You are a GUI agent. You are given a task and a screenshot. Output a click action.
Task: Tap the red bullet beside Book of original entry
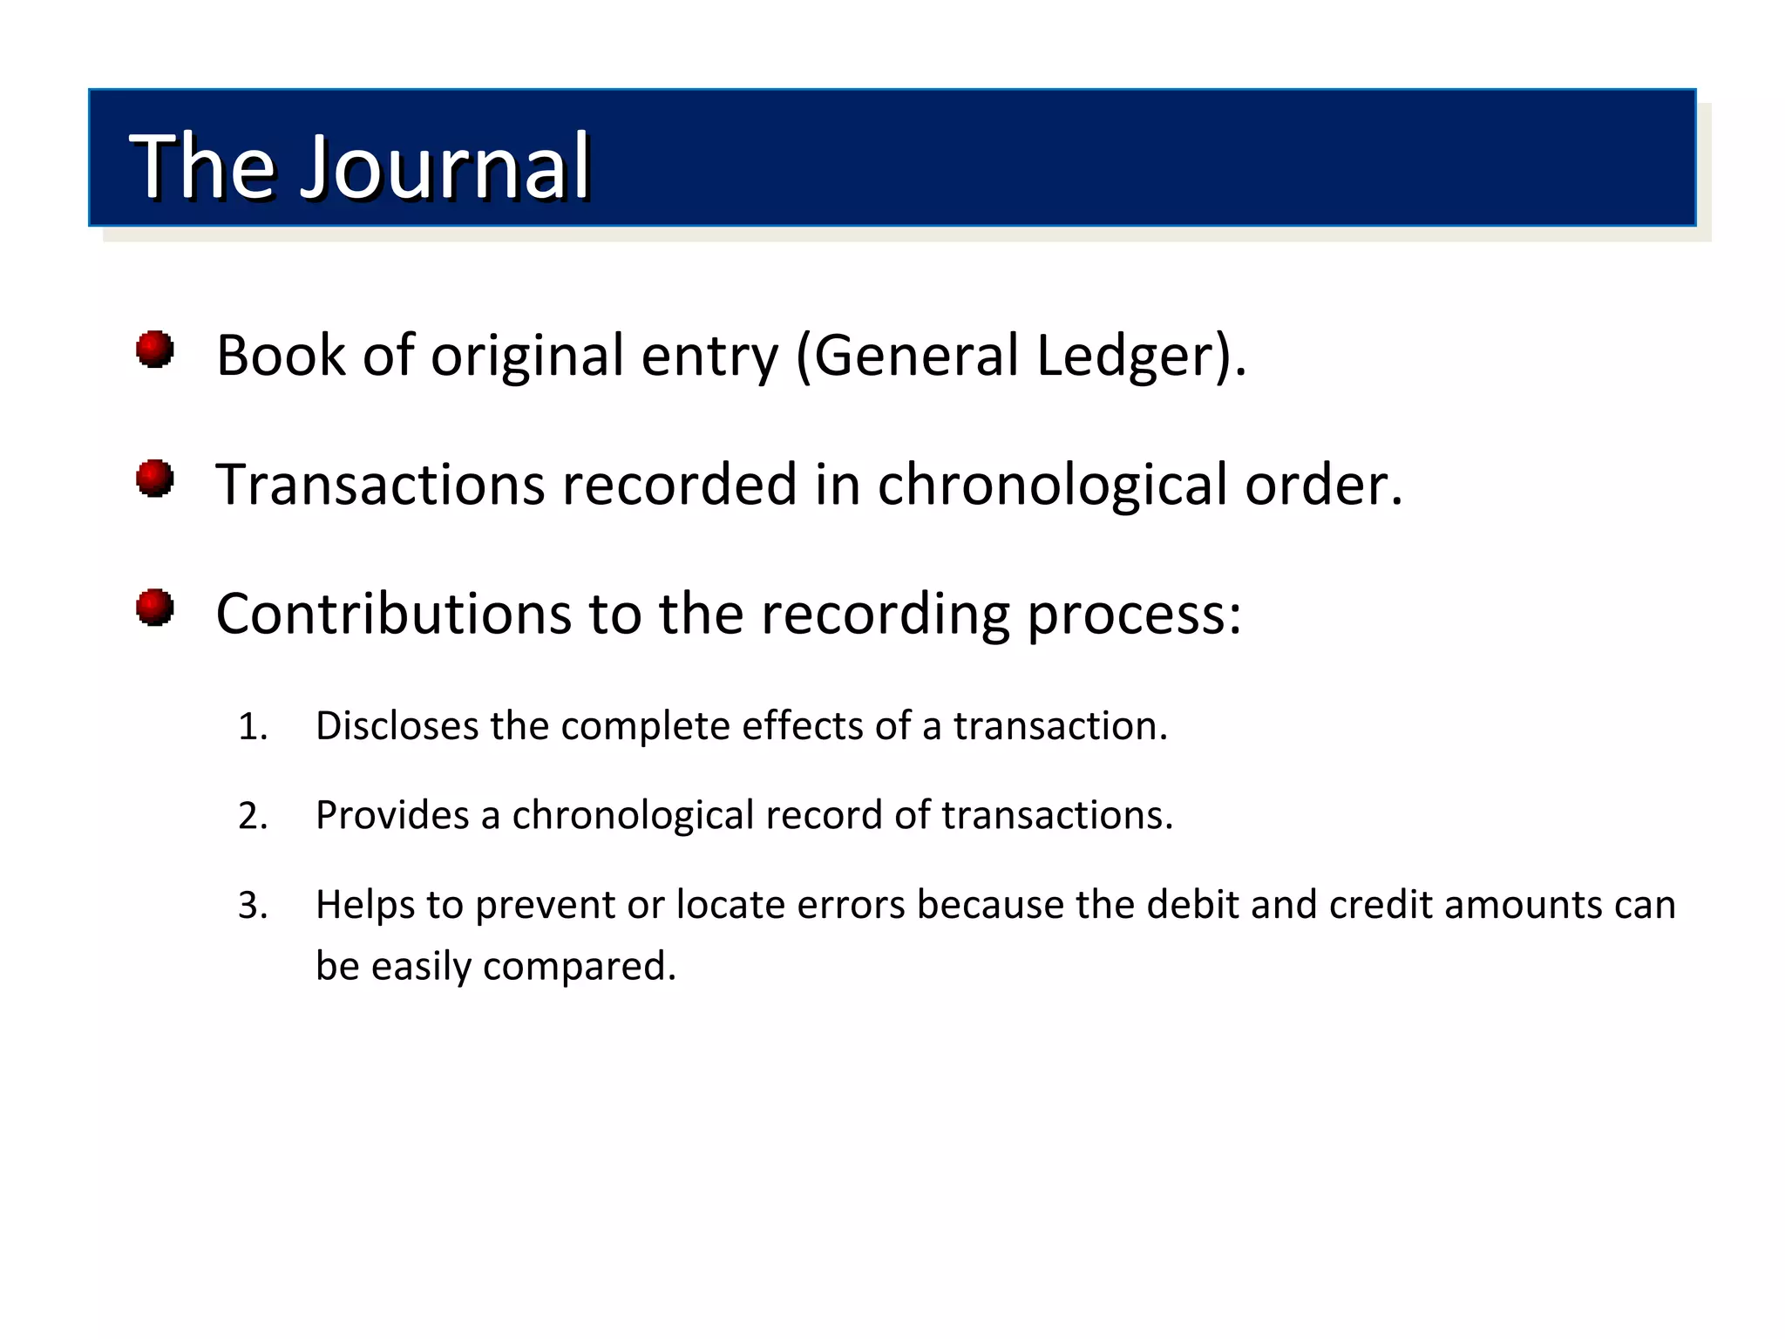click(155, 350)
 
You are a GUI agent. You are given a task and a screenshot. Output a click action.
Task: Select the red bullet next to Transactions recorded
click(155, 479)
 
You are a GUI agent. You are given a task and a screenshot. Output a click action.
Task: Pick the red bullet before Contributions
click(155, 608)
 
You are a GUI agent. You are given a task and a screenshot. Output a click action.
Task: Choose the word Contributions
click(392, 614)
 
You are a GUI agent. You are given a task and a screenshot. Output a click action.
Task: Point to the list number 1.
click(252, 727)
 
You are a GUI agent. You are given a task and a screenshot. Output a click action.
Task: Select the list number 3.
click(252, 906)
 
